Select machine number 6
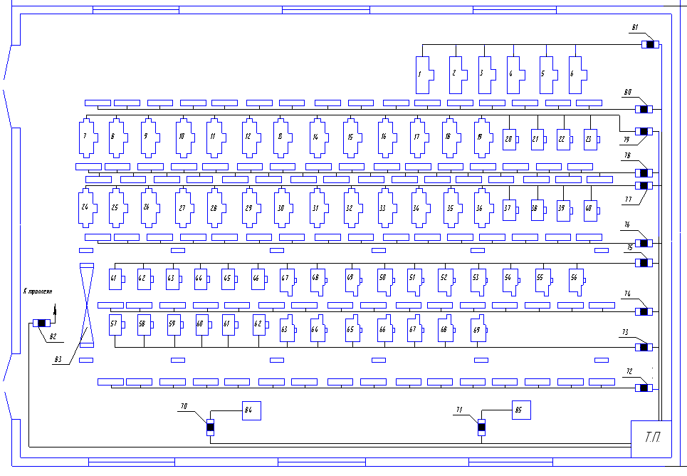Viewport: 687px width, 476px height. (x=577, y=74)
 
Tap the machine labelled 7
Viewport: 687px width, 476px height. (x=87, y=138)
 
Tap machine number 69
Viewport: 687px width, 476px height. (x=479, y=329)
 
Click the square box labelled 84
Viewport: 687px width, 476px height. (x=251, y=410)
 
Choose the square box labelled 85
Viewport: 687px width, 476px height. (x=520, y=410)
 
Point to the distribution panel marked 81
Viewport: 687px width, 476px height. (x=649, y=45)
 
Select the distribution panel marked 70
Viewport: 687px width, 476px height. (x=210, y=428)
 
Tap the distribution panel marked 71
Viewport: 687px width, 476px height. (x=481, y=428)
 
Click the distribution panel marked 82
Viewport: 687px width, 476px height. (x=41, y=324)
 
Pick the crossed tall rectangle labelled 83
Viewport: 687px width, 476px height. (x=86, y=305)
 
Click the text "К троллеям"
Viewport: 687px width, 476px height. (x=38, y=292)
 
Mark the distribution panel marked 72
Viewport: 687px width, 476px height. (x=644, y=388)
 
